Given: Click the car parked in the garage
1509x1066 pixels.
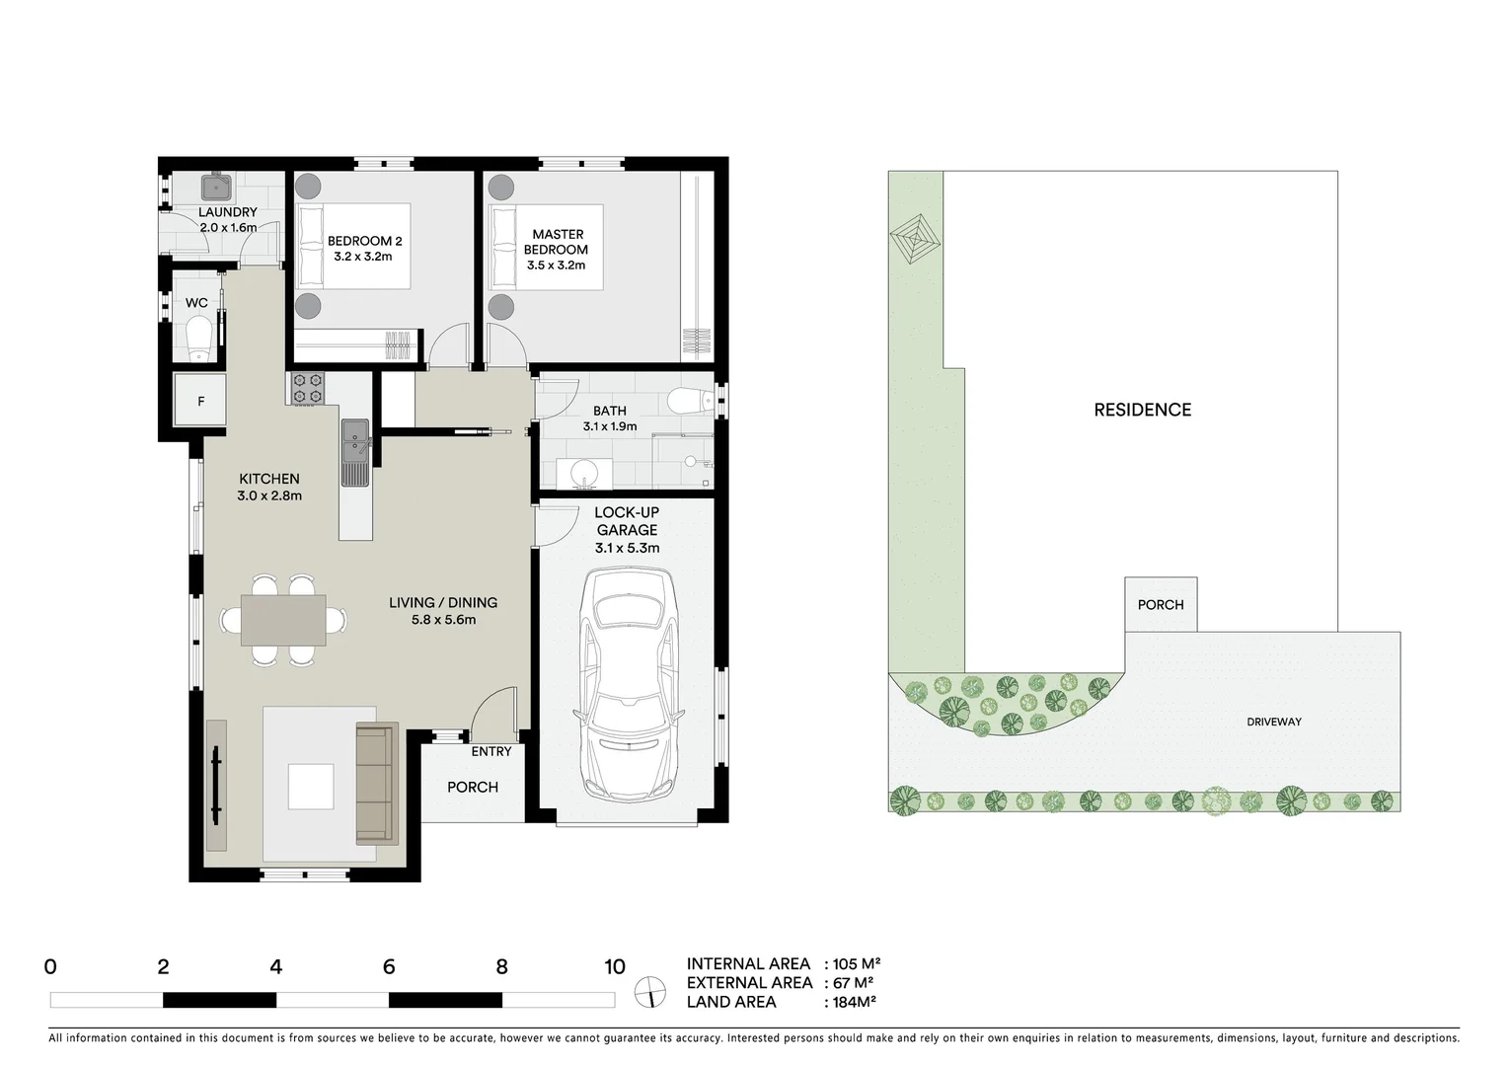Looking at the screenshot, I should point(628,684).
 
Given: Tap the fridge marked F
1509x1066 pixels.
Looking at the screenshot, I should point(201,401).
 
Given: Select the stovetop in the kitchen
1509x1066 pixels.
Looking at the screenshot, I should point(307,388).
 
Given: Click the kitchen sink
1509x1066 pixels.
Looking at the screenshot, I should point(354,453).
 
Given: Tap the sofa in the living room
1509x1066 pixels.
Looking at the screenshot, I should point(375,785).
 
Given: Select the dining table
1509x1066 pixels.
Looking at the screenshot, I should point(283,620).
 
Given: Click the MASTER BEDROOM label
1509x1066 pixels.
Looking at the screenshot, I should point(557,242).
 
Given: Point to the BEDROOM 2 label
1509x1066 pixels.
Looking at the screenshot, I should point(364,241).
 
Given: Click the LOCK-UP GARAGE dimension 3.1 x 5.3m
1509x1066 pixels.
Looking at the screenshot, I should point(627,548).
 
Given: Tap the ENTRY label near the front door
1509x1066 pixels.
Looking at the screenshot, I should point(490,752).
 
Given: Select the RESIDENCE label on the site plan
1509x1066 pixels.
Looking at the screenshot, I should point(1142,410).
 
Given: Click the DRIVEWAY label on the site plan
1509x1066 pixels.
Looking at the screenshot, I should point(1273,722).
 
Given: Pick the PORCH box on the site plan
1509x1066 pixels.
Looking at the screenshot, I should point(1161,604).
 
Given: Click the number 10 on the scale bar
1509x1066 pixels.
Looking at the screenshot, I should point(614,967).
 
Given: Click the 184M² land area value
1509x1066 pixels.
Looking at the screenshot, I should point(851,1002).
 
